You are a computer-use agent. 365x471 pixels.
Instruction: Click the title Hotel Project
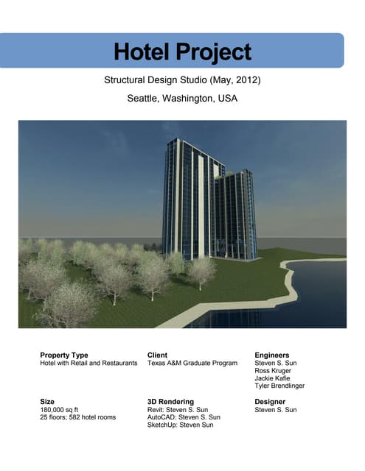pos(182,52)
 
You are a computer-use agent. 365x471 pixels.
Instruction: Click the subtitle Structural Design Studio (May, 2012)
pos(182,79)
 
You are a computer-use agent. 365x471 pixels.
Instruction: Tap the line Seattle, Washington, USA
pos(182,98)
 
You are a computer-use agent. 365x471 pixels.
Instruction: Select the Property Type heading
pos(64,355)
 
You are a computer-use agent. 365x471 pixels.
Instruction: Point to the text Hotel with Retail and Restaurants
pos(88,364)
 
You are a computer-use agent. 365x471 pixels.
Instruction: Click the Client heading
pos(162,355)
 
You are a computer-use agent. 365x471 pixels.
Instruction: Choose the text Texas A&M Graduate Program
pos(192,364)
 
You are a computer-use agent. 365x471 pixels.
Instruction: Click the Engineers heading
pos(272,355)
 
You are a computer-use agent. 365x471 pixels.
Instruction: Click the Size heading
pos(47,402)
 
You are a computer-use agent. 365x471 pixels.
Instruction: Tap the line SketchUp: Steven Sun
pos(181,425)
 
